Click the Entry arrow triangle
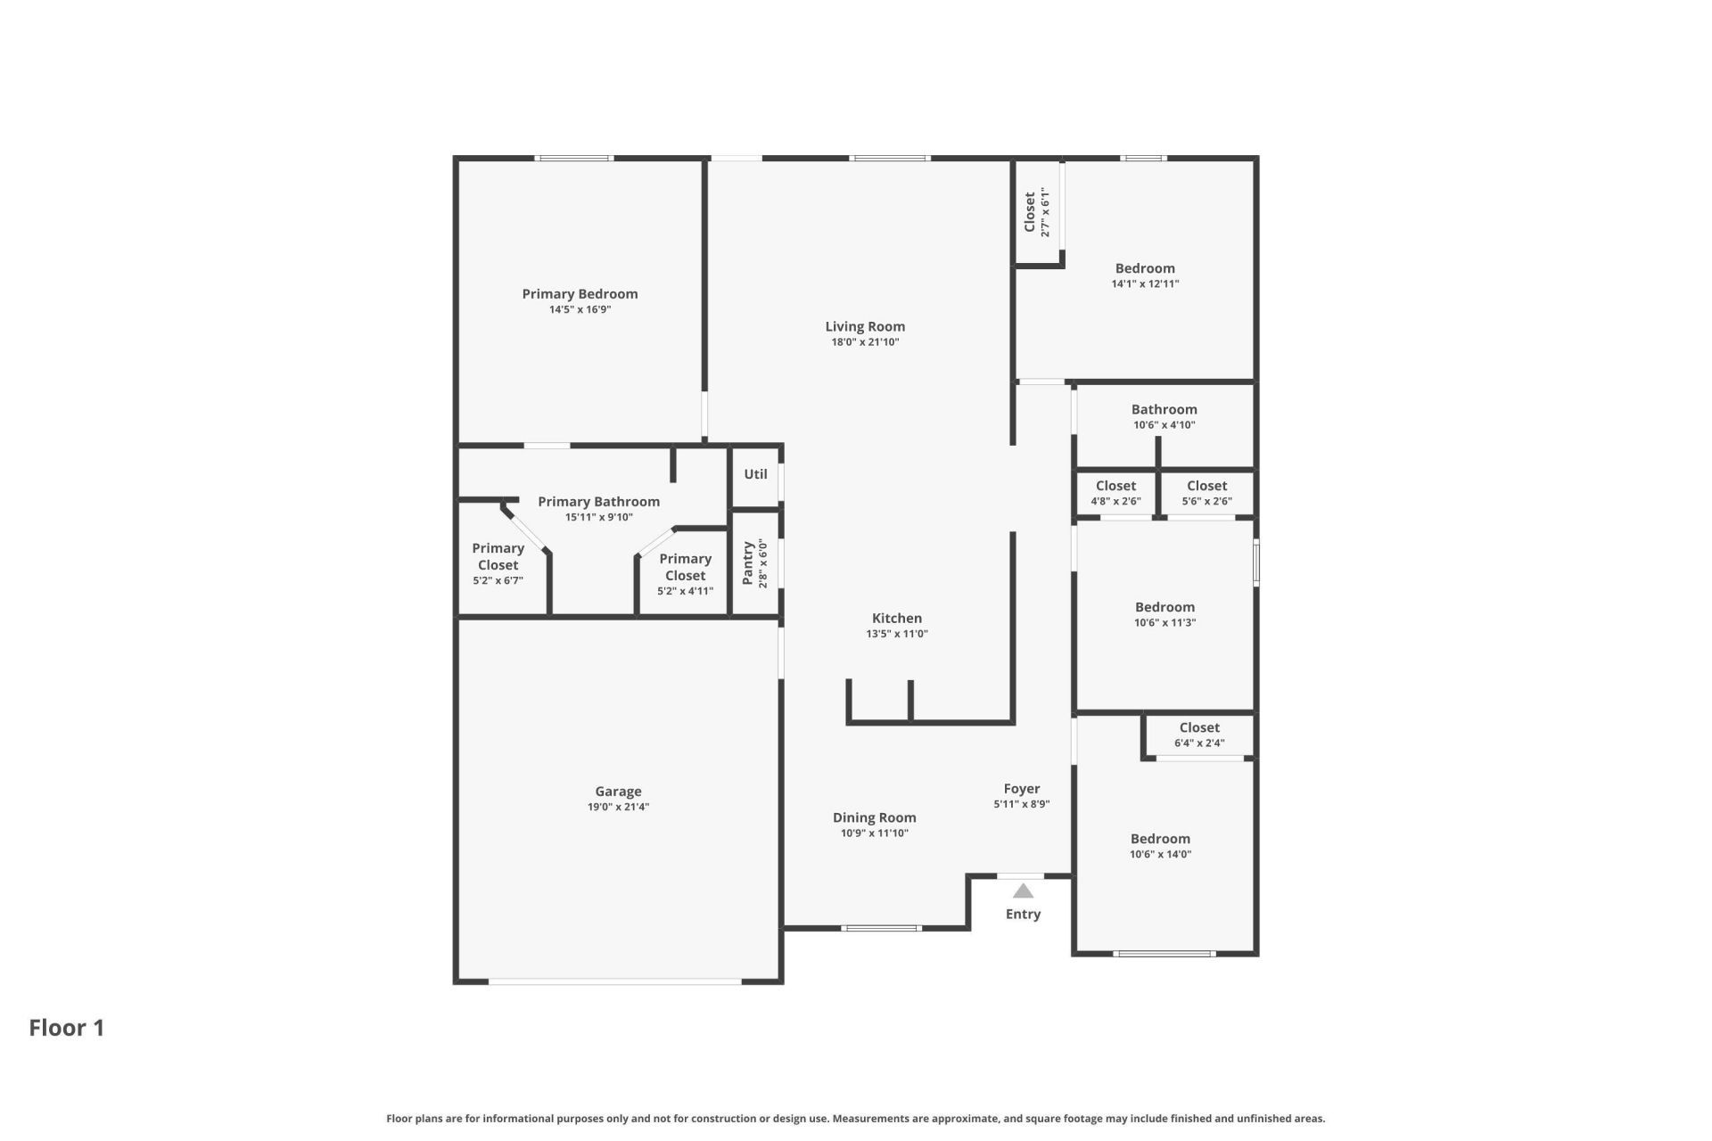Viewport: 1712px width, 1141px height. [x=1023, y=891]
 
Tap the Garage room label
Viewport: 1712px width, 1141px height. [x=618, y=792]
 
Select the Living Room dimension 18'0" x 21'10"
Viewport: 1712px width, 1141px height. [x=865, y=342]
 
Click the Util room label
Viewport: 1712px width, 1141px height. [x=755, y=474]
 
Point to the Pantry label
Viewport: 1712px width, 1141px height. [x=747, y=563]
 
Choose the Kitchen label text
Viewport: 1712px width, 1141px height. [x=897, y=619]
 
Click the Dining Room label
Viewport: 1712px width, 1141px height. [x=875, y=818]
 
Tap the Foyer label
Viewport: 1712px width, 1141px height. [x=1022, y=789]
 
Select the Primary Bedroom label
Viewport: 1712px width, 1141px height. [x=580, y=294]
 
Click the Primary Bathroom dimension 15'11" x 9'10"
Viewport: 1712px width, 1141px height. [x=599, y=517]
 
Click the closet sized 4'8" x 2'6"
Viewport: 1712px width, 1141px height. [x=1115, y=493]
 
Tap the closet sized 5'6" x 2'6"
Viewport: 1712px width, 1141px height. [x=1207, y=493]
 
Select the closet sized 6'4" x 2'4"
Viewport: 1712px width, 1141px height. [x=1199, y=735]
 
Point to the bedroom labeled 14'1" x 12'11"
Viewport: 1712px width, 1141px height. [x=1145, y=275]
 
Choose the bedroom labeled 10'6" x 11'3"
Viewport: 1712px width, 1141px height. [x=1165, y=614]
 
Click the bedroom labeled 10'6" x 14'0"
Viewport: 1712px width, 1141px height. [x=1160, y=846]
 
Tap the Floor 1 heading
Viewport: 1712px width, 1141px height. [x=67, y=1028]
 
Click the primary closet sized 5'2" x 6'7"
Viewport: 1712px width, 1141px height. [x=498, y=564]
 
